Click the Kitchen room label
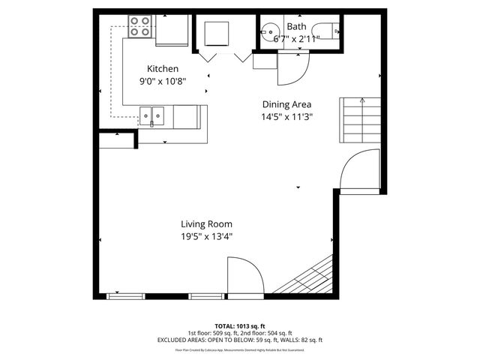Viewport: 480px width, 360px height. pos(162,68)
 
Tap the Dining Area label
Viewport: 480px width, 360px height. pos(286,104)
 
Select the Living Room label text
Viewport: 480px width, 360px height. pos(206,223)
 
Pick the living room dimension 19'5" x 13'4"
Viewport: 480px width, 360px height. pos(206,236)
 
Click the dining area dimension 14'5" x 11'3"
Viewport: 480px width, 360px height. pos(286,116)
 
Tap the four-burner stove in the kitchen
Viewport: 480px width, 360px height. pos(139,27)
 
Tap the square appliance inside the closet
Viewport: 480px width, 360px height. pos(218,33)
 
